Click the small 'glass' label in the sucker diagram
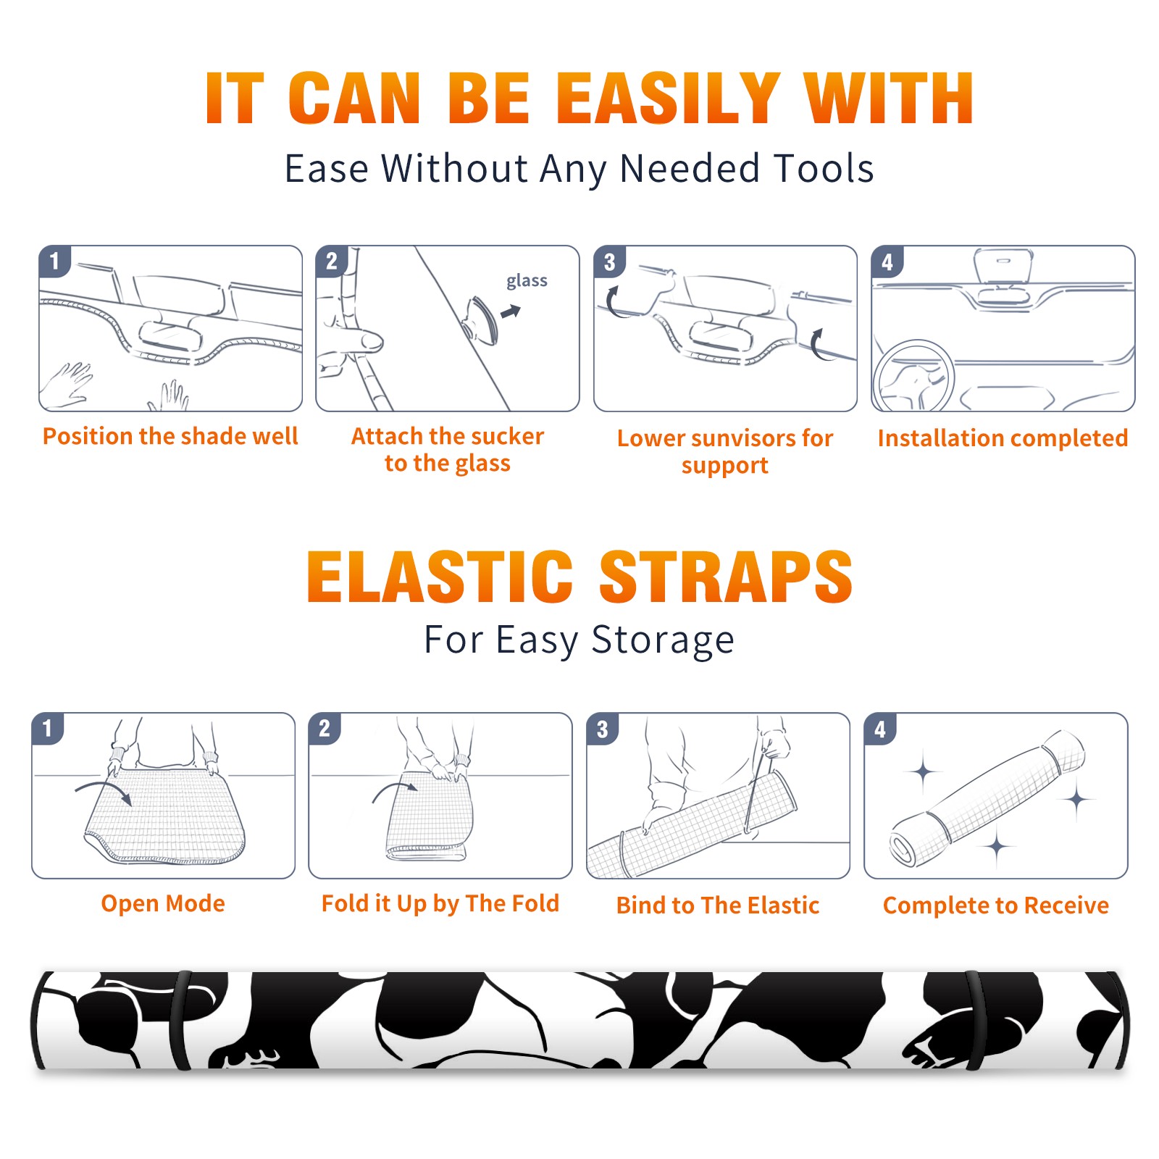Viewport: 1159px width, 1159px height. pyautogui.click(x=527, y=281)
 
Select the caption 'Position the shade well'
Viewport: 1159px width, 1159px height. pyautogui.click(x=170, y=436)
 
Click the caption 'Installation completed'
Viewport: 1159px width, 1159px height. pyautogui.click(x=1003, y=438)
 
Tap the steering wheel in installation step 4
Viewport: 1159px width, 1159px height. pyautogui.click(x=913, y=376)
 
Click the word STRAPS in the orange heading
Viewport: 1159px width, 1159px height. pyautogui.click(x=726, y=577)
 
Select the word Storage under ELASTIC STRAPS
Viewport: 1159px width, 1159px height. pyautogui.click(x=663, y=640)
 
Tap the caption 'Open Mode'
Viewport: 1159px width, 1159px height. pyautogui.click(x=163, y=903)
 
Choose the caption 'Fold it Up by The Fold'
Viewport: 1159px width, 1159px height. pyautogui.click(x=440, y=903)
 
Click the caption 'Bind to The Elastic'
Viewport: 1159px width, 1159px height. pyautogui.click(x=718, y=905)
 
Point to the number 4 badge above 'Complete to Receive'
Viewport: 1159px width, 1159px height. pyautogui.click(x=880, y=729)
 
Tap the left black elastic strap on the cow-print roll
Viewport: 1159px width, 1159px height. pyautogui.click(x=181, y=1020)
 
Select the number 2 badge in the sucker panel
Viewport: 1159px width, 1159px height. pyautogui.click(x=332, y=261)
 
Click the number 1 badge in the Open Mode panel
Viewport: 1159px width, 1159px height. pyautogui.click(x=48, y=729)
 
